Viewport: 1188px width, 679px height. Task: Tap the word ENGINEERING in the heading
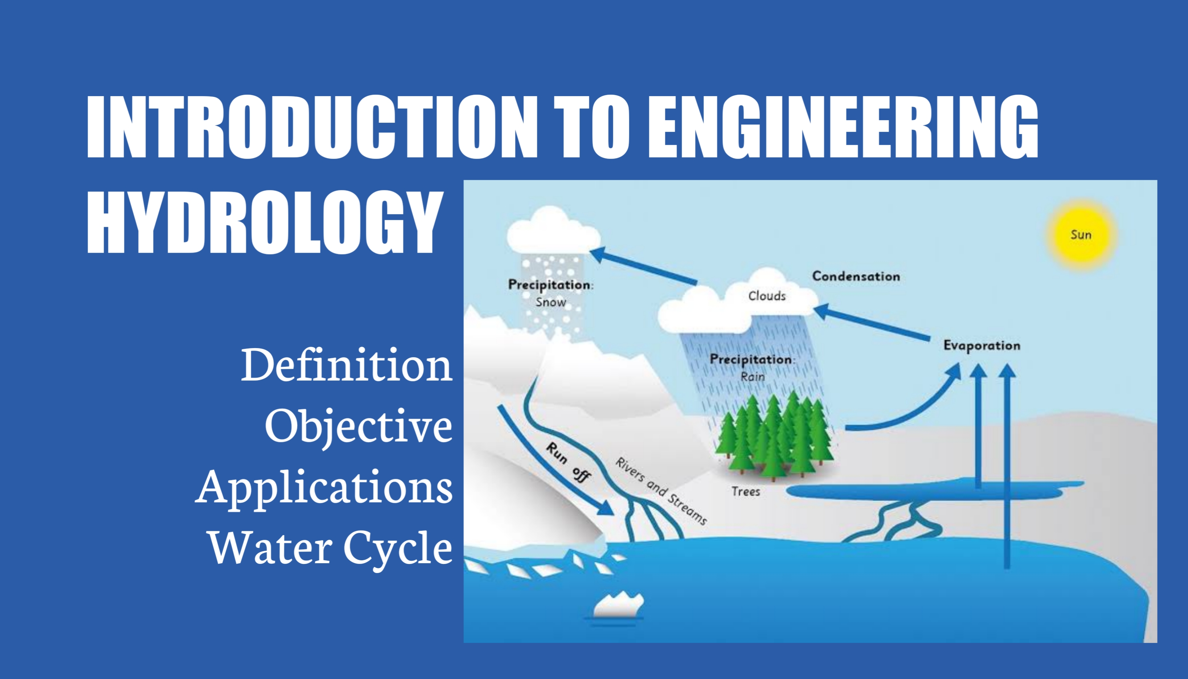[x=843, y=126]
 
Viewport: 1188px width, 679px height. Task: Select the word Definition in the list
[x=346, y=365]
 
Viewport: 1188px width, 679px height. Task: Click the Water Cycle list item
[x=330, y=548]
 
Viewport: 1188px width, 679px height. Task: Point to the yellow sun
[x=1081, y=234]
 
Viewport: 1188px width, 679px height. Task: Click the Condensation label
[x=856, y=276]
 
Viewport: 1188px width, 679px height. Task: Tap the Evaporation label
[x=982, y=346]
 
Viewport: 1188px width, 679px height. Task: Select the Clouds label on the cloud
[x=767, y=296]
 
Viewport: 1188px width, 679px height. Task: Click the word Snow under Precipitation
[x=550, y=302]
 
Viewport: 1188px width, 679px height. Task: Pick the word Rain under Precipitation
[x=752, y=376]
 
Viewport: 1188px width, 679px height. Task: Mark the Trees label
[x=746, y=492]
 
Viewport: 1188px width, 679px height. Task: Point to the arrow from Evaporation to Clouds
[x=872, y=322]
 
